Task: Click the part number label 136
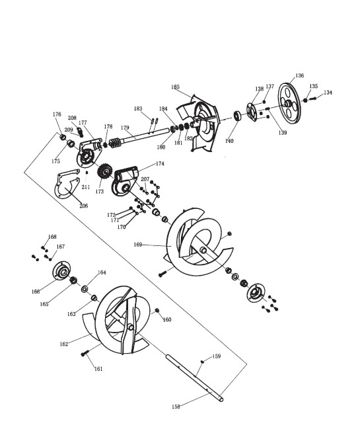click(x=300, y=75)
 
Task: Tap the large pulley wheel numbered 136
click(x=289, y=103)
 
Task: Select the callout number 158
click(x=176, y=407)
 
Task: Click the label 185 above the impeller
click(x=175, y=87)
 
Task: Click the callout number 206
click(x=84, y=206)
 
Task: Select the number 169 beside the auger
click(x=138, y=245)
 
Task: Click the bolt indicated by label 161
click(x=85, y=353)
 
